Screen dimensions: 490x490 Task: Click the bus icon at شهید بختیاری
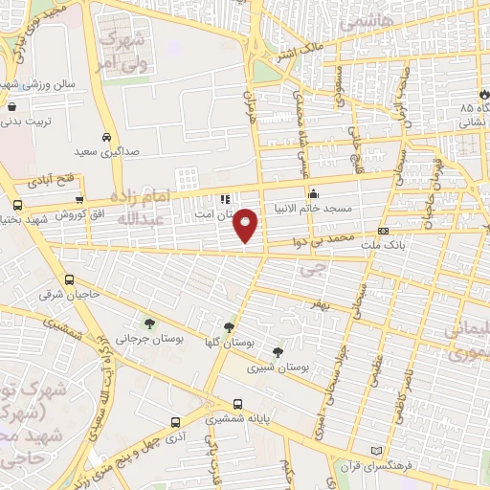(x=18, y=205)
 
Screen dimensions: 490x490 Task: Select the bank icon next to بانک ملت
(x=383, y=231)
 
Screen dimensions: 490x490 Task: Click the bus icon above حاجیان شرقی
(x=68, y=279)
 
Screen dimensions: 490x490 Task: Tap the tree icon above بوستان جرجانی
(x=147, y=322)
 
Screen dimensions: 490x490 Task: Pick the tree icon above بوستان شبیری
(x=277, y=351)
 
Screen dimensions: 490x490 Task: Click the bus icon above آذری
(x=175, y=421)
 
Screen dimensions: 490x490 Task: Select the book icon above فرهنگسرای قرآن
(x=376, y=451)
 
